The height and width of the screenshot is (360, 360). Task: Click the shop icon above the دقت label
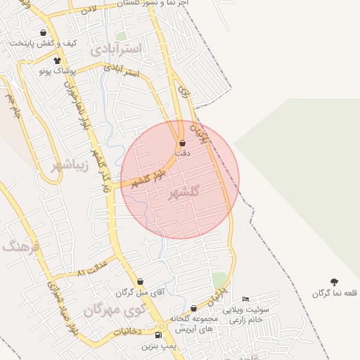[x=183, y=143]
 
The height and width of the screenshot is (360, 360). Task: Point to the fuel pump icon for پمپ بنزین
[x=167, y=335]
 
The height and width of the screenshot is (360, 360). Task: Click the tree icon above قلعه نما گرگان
[x=333, y=282]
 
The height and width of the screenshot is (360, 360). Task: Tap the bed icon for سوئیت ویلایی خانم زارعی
[x=245, y=300]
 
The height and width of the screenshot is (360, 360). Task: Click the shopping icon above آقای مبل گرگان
[x=140, y=281]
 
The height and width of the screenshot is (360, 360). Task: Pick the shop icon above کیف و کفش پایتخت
[x=44, y=32]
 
